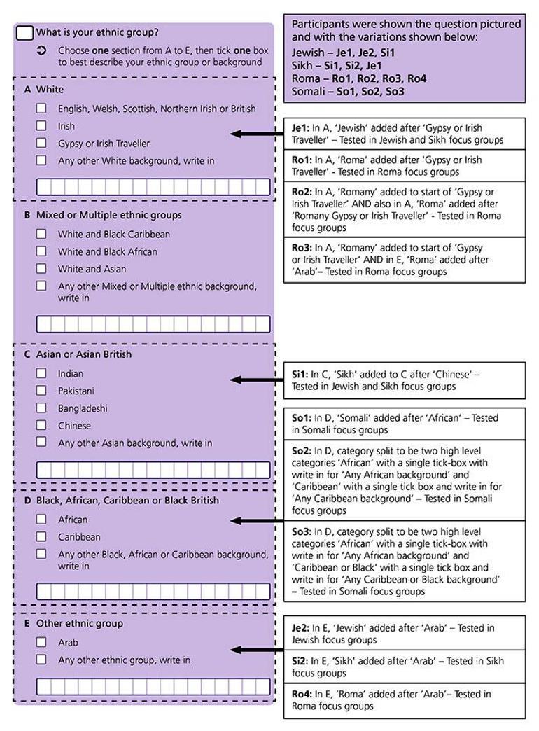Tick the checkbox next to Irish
pyautogui.click(x=41, y=126)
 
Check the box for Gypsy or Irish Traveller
pyautogui.click(x=41, y=144)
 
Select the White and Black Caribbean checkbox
pyautogui.click(x=41, y=234)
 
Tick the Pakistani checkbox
pyautogui.click(x=41, y=391)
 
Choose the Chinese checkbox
pyautogui.click(x=41, y=425)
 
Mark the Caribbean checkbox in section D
pyautogui.click(x=41, y=537)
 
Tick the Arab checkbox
pyautogui.click(x=41, y=642)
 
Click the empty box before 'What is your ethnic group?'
pyautogui.click(x=24, y=32)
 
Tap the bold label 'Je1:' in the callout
pyautogui.click(x=300, y=128)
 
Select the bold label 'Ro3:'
pyautogui.click(x=302, y=248)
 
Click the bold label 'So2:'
pyautogui.click(x=302, y=450)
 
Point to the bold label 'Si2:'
pyautogui.click(x=300, y=661)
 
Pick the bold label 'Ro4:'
pyautogui.click(x=302, y=694)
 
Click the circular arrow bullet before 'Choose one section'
pyautogui.click(x=41, y=50)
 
